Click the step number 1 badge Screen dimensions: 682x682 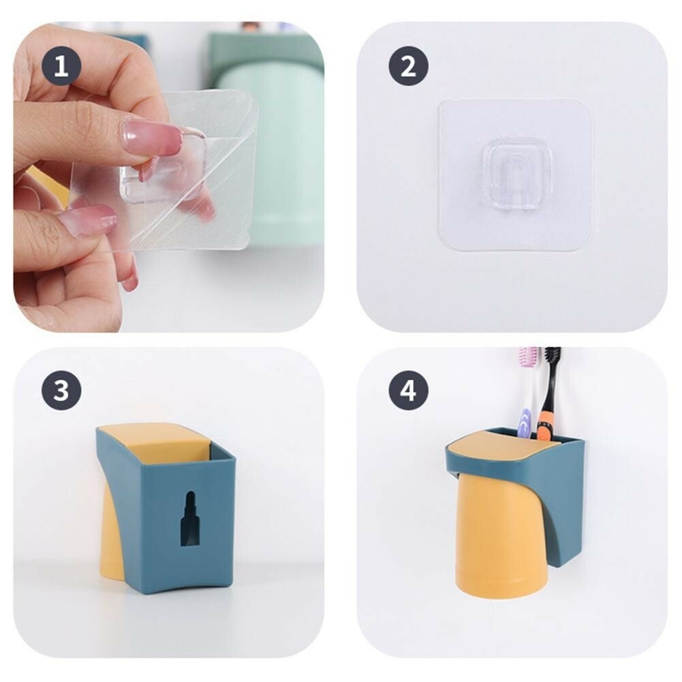coord(61,66)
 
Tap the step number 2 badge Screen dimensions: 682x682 coord(408,66)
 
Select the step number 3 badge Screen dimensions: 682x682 coord(61,390)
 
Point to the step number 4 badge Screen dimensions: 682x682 coord(408,390)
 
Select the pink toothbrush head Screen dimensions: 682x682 coord(528,356)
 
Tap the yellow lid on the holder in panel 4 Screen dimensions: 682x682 coord(505,454)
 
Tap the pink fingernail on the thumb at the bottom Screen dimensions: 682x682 coord(89,219)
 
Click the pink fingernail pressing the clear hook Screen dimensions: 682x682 coord(152,138)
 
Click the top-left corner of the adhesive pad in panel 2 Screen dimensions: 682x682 coord(439,101)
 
